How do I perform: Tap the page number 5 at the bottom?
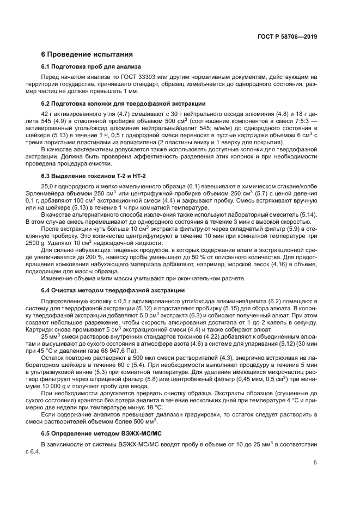coord(315,463)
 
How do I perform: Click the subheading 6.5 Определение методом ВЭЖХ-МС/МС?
coord(103,434)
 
